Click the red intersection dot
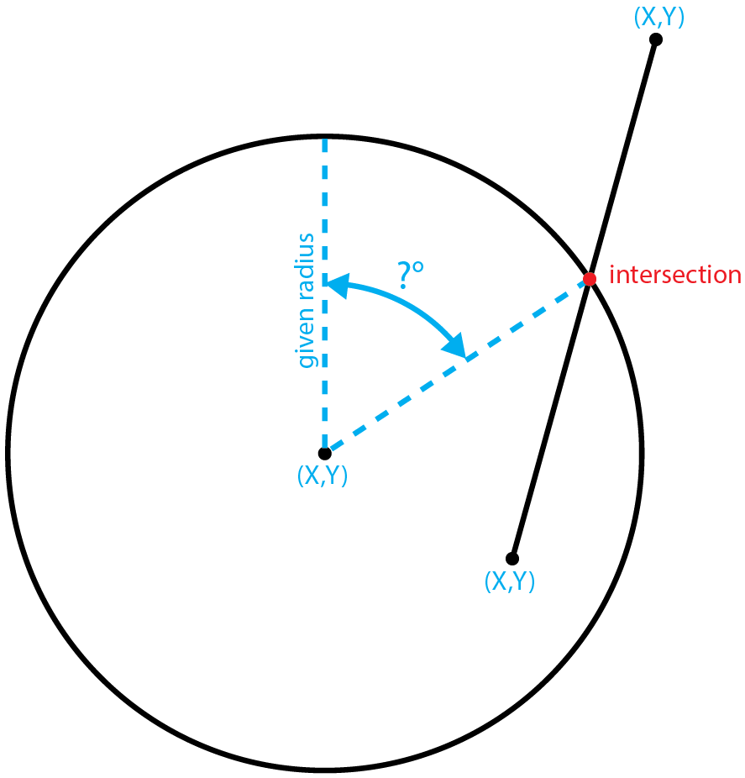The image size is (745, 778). pos(590,278)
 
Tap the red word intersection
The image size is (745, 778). pos(674,276)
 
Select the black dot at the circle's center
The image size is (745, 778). pos(325,453)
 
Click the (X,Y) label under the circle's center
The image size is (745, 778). pos(323,476)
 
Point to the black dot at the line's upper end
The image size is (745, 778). pos(656,39)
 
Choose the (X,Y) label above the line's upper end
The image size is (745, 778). pos(658,18)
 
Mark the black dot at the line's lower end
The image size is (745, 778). pos(512,559)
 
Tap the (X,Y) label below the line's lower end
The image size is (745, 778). pos(510,581)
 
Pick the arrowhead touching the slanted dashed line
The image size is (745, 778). pos(456,345)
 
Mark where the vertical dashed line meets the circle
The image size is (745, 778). pos(325,135)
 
